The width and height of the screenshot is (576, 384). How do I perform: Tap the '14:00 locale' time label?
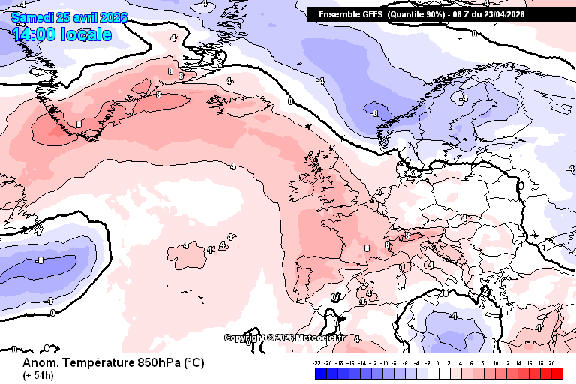tap(62, 34)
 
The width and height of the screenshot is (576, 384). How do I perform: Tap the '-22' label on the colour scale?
tap(318, 362)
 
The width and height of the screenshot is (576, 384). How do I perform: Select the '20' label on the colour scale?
tap(551, 362)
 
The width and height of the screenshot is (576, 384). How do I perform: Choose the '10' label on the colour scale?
tap(496, 362)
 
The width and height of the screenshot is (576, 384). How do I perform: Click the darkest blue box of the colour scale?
tap(310, 373)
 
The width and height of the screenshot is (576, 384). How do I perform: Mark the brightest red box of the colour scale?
tap(557, 373)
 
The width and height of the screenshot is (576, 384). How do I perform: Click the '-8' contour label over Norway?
tap(374, 112)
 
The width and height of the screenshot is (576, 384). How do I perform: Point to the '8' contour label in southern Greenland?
tap(79, 124)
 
